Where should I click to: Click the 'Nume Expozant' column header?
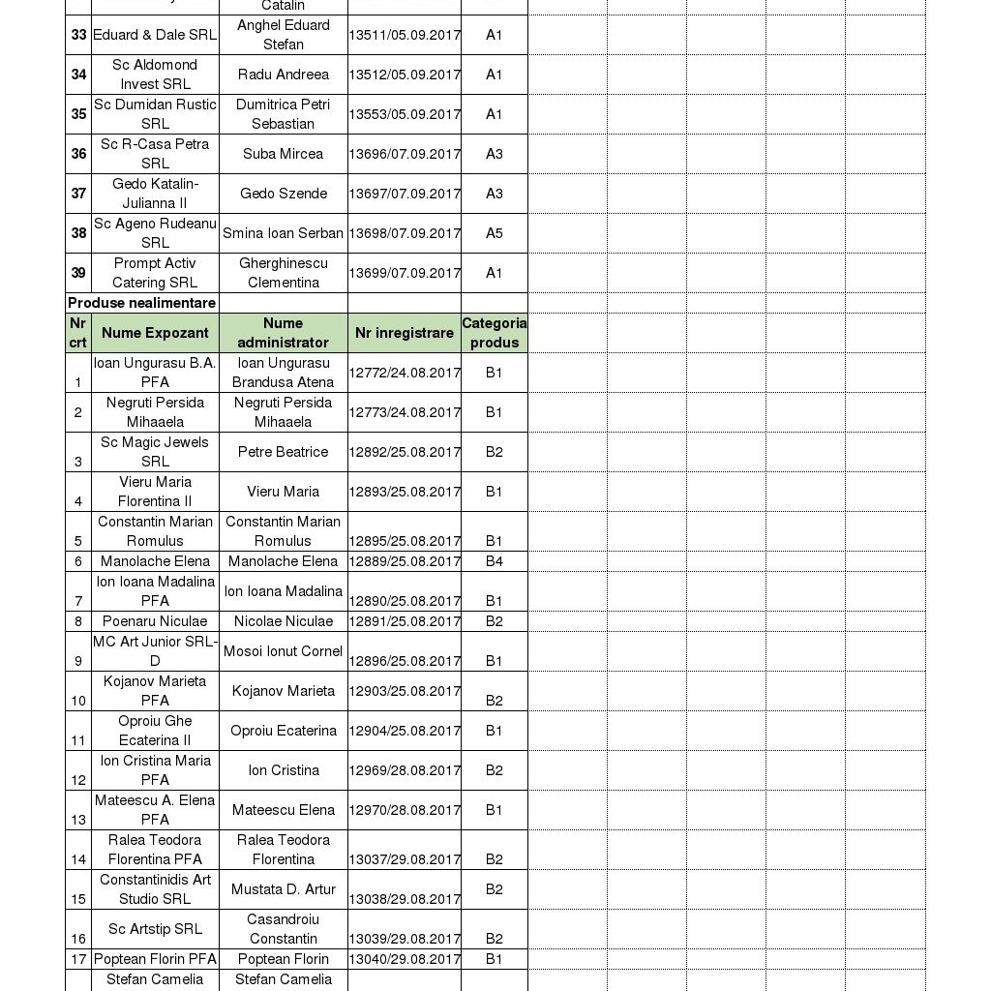pyautogui.click(x=155, y=333)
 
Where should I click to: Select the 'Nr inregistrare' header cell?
pyautogui.click(x=404, y=333)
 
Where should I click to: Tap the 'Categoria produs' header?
pyautogui.click(x=494, y=333)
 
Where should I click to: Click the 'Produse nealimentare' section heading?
pyautogui.click(x=141, y=303)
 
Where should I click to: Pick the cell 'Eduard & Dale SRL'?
pyautogui.click(x=155, y=35)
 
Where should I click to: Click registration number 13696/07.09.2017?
pyautogui.click(x=405, y=154)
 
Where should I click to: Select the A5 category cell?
pyautogui.click(x=494, y=233)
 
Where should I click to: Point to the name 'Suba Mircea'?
pyautogui.click(x=283, y=154)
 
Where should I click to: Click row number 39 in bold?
pyautogui.click(x=78, y=273)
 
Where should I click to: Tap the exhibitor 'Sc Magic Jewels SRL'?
pyautogui.click(x=155, y=452)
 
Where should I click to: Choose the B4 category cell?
pyautogui.click(x=494, y=561)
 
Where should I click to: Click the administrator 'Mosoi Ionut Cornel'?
pyautogui.click(x=283, y=651)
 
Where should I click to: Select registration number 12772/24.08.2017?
pyautogui.click(x=405, y=373)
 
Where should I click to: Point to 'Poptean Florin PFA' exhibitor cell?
pyautogui.click(x=155, y=959)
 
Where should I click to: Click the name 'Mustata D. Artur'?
pyautogui.click(x=283, y=889)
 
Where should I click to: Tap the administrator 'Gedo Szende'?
pyautogui.click(x=283, y=194)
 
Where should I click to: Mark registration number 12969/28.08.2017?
pyautogui.click(x=405, y=770)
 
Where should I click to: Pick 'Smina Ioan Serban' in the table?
pyautogui.click(x=283, y=233)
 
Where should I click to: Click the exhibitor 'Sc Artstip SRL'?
pyautogui.click(x=155, y=929)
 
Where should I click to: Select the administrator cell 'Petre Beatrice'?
pyautogui.click(x=283, y=452)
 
